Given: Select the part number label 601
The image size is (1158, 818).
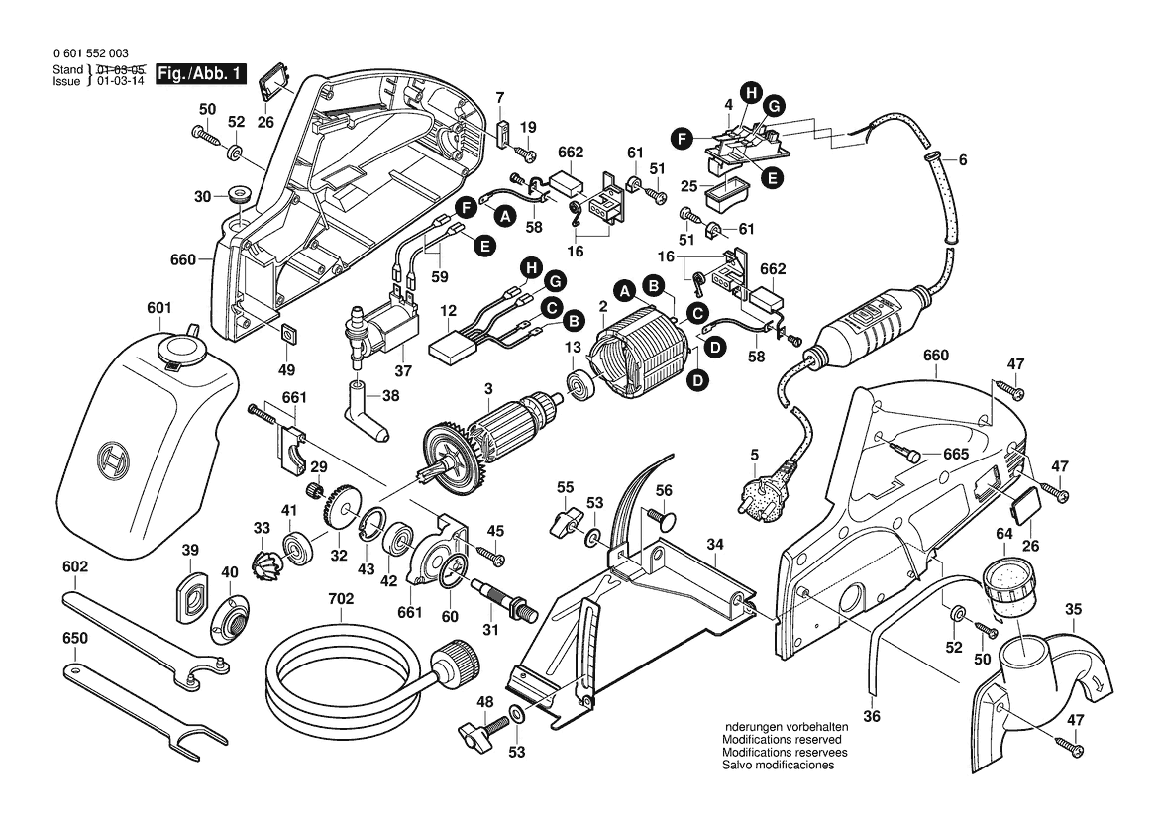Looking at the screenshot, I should click(x=158, y=308).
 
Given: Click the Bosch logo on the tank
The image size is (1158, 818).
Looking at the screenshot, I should click(x=117, y=461).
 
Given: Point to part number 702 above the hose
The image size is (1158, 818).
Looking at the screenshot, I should click(x=340, y=600).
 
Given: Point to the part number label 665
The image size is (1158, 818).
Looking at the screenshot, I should click(x=955, y=454).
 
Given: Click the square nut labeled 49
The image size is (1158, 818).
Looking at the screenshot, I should click(x=288, y=333).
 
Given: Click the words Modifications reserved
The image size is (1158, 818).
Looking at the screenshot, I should click(x=782, y=740).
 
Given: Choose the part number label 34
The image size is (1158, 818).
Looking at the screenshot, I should click(x=715, y=544).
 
